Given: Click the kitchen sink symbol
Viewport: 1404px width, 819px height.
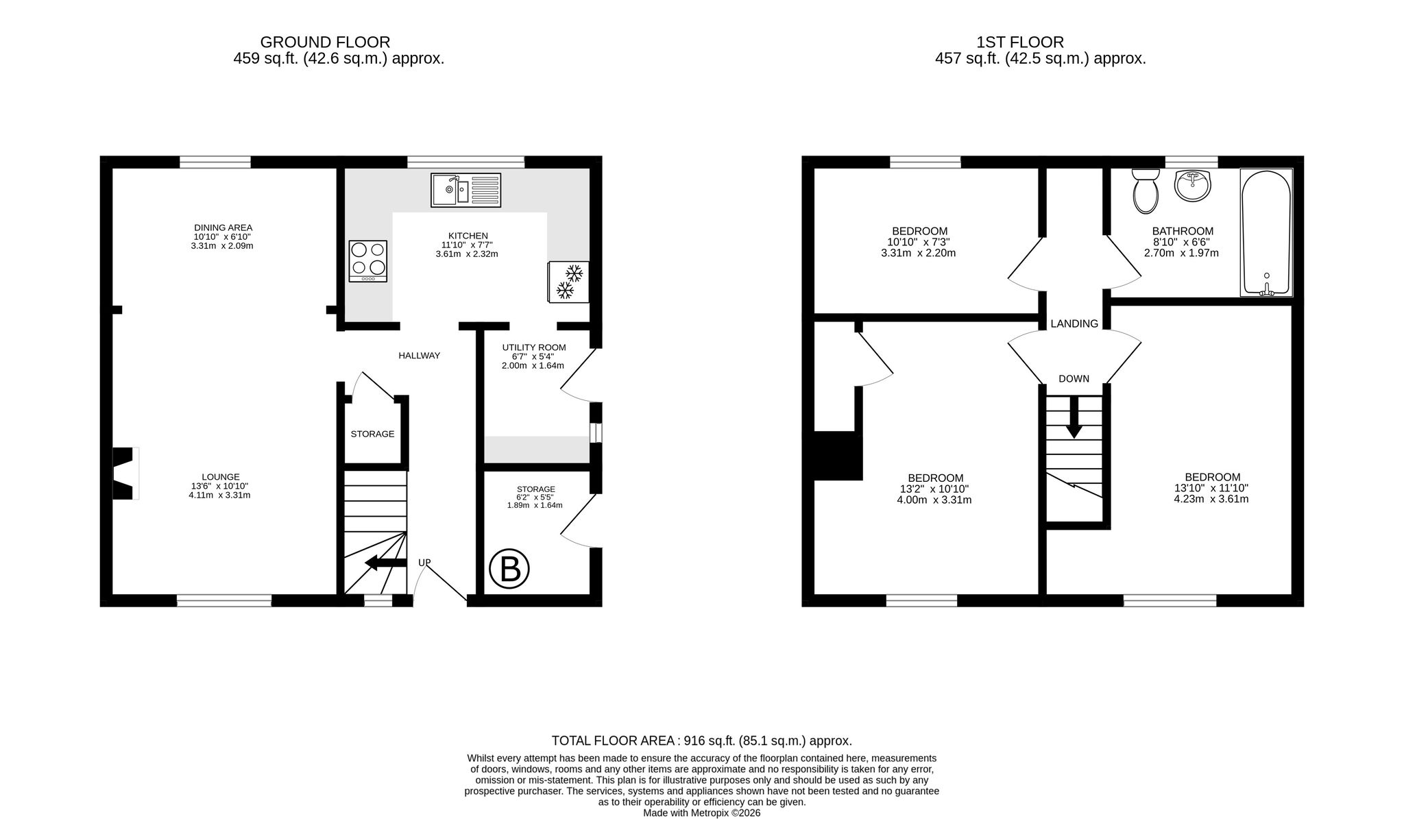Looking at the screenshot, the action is tap(467, 190).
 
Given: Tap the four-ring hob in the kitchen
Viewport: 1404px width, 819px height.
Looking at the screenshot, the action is tap(367, 261).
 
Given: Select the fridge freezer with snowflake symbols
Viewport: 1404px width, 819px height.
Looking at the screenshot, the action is tap(568, 282).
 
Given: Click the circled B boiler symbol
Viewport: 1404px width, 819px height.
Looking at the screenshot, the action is tap(509, 569).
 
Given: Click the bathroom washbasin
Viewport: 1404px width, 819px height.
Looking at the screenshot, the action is tap(1193, 186).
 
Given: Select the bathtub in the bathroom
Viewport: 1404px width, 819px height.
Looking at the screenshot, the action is tap(1266, 232).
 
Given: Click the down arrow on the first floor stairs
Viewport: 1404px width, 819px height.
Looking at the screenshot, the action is tap(1074, 417).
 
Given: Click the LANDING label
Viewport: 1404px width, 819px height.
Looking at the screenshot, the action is tap(1074, 324).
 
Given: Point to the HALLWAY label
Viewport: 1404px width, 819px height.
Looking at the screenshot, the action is tap(420, 356).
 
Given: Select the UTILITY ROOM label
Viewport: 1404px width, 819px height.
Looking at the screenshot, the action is tap(534, 347).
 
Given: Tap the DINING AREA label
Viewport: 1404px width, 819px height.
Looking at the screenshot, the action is tap(223, 228).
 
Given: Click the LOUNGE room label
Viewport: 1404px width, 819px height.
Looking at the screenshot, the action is tap(221, 477).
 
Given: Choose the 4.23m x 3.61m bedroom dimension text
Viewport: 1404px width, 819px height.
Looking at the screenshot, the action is tap(1211, 499).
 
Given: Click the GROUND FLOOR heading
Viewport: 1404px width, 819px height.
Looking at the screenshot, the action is tap(325, 42).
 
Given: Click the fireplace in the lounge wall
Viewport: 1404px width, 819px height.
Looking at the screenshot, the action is tap(126, 474).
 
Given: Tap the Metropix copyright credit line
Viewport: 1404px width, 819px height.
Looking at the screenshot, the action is tap(702, 814).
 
